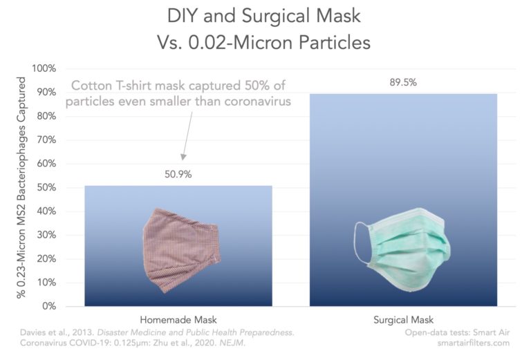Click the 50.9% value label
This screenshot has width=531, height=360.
pos(178,174)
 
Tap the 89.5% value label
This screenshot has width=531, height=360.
pos(403,82)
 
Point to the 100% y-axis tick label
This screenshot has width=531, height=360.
pos(44,68)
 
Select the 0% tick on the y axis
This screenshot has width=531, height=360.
pos(49,306)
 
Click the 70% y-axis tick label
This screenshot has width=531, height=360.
pos(46,140)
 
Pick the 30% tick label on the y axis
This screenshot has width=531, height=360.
pos(46,235)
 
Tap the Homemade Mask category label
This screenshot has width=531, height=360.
pos(178,320)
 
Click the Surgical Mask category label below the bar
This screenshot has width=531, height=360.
pos(403,320)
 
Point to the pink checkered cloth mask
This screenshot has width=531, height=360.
pos(182,250)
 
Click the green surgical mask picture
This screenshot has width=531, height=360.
pos(403,249)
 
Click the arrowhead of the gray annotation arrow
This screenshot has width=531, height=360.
pos(183,157)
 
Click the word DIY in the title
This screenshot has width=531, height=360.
pos(183,17)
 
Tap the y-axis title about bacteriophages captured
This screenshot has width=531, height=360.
pos(21,188)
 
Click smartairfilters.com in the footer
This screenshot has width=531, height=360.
pos(473,343)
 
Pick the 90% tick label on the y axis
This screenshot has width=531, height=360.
pos(46,93)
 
